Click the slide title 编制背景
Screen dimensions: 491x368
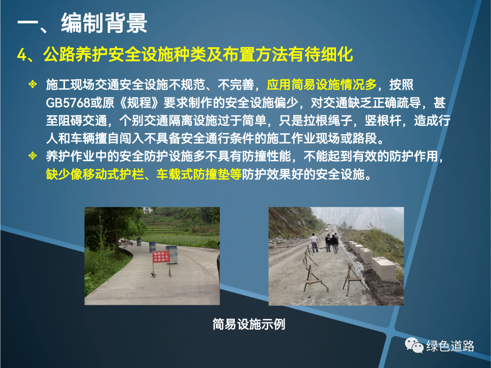pos(104,23)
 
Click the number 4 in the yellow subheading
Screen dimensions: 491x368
pos(22,55)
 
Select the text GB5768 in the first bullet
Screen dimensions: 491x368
pos(68,103)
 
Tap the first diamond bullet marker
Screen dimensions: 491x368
pos(33,84)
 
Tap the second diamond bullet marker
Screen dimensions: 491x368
pos(33,155)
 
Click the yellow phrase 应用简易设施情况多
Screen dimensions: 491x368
pos(321,85)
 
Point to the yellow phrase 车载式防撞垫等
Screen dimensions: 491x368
pos(199,174)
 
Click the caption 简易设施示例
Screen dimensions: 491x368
pos(249,324)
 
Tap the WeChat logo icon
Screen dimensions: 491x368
pos(414,345)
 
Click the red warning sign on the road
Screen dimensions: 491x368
pos(161,257)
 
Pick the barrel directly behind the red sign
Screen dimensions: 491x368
pos(171,254)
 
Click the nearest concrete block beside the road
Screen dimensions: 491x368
pos(384,268)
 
